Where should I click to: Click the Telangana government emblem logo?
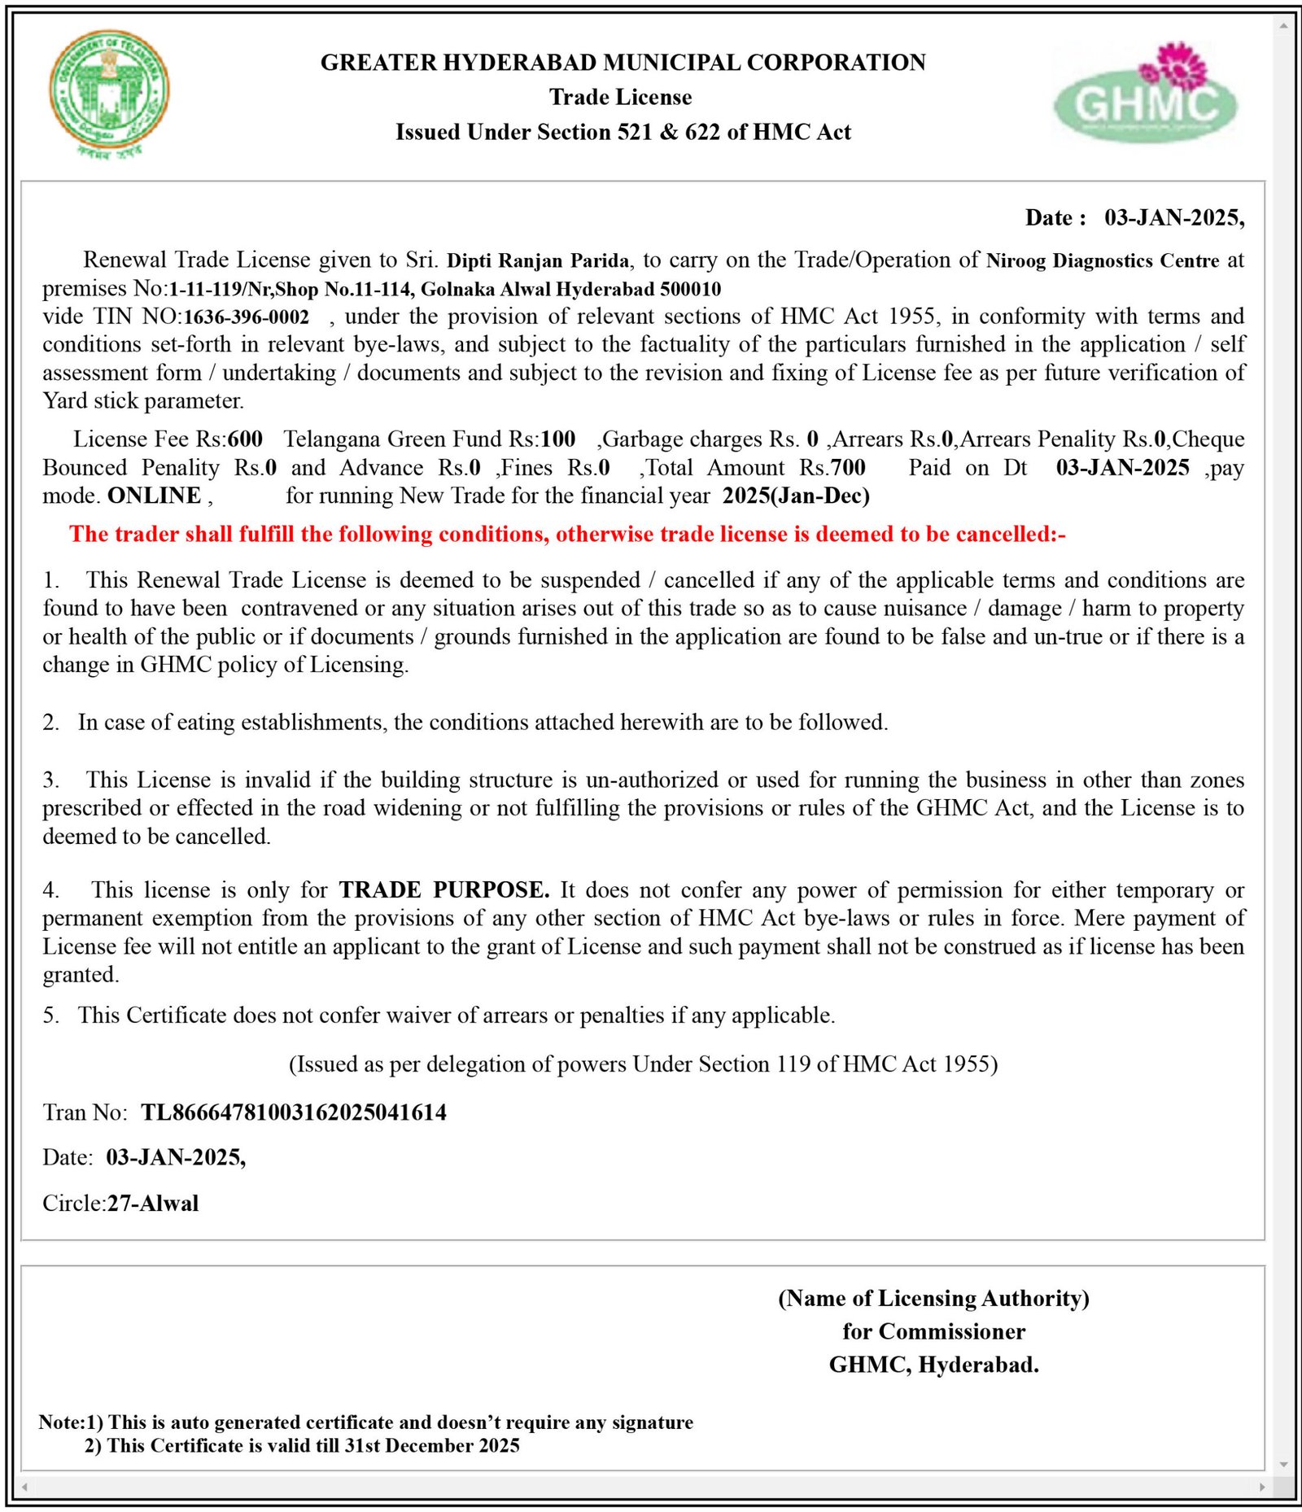(x=109, y=94)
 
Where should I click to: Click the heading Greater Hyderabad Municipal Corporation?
(x=623, y=63)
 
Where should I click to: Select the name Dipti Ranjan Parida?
(x=538, y=261)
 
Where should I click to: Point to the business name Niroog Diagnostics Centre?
(x=1102, y=261)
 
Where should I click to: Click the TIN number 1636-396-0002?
(x=247, y=317)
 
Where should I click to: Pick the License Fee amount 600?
(x=245, y=439)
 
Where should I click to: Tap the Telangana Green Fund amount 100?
(x=558, y=439)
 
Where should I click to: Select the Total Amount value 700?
(x=848, y=468)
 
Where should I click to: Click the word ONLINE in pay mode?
(x=155, y=496)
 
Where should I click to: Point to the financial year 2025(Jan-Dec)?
(x=795, y=496)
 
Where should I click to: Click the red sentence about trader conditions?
(x=567, y=535)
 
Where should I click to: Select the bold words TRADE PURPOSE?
(x=444, y=889)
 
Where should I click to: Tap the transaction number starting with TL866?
(x=294, y=1112)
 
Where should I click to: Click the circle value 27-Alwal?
(x=153, y=1203)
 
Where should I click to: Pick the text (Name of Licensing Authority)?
(x=933, y=1298)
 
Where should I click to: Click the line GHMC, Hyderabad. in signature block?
(x=933, y=1365)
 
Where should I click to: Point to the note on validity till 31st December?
(x=302, y=1445)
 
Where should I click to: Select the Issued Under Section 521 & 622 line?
(x=623, y=133)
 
